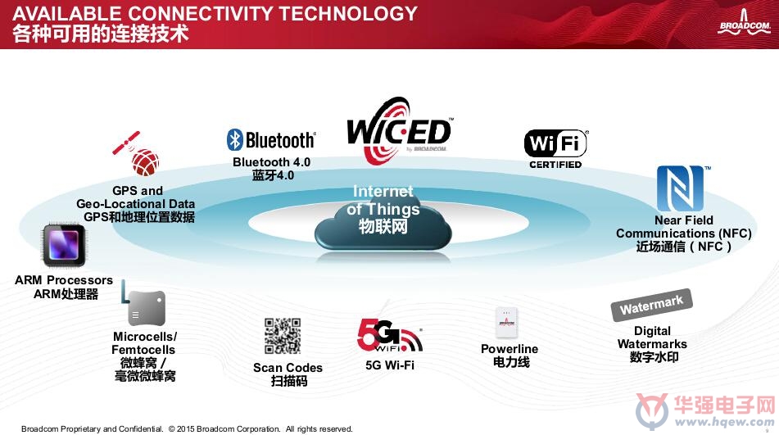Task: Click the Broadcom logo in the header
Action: click(x=744, y=23)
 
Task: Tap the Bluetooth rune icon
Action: click(x=234, y=139)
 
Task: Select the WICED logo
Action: click(x=400, y=131)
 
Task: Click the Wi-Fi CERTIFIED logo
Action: click(x=556, y=149)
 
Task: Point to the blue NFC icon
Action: click(x=680, y=188)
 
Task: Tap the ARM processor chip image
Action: click(x=64, y=245)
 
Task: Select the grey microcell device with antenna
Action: click(x=143, y=304)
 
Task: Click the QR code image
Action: click(x=282, y=336)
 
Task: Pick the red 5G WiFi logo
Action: click(x=390, y=336)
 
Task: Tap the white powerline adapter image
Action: click(x=507, y=322)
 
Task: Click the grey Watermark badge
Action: click(x=651, y=305)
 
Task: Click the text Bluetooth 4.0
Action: click(x=271, y=162)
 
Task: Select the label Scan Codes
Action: click(x=288, y=368)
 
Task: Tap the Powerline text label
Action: click(x=510, y=349)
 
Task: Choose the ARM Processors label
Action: click(x=64, y=280)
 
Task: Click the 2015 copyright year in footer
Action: click(x=185, y=429)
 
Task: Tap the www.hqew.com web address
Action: click(x=724, y=422)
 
